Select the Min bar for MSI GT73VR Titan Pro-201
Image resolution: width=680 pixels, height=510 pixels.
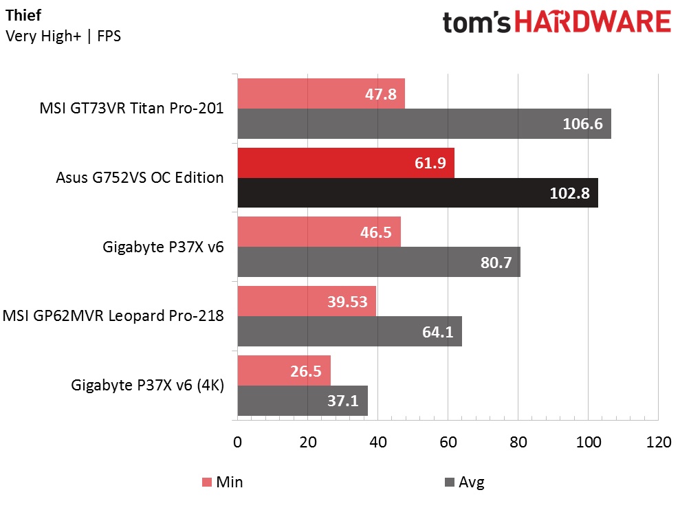click(x=321, y=93)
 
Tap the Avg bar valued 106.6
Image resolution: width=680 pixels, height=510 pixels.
click(x=424, y=123)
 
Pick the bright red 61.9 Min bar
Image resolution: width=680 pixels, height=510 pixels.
click(x=346, y=163)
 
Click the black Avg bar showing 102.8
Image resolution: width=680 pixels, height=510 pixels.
click(x=417, y=193)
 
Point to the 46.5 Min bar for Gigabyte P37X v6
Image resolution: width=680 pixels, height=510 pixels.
click(x=319, y=232)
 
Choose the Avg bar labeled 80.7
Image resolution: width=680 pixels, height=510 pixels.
click(x=379, y=262)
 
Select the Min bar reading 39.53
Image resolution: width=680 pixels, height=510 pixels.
click(x=307, y=301)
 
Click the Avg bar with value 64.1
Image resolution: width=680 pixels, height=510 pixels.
click(x=349, y=331)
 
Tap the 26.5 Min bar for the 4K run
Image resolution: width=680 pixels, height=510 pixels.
click(x=284, y=370)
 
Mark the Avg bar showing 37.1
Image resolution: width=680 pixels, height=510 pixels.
click(x=303, y=401)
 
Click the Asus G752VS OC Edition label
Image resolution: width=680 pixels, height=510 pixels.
click(x=140, y=178)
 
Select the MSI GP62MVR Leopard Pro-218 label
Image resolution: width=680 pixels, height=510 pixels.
click(x=113, y=316)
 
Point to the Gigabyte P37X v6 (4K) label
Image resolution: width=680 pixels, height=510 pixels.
click(x=147, y=386)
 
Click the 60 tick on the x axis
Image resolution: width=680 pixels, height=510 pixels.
click(x=448, y=442)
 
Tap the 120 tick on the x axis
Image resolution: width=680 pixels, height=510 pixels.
click(x=658, y=442)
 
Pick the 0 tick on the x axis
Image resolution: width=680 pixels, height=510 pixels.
click(x=238, y=442)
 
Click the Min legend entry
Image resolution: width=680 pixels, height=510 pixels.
click(x=221, y=483)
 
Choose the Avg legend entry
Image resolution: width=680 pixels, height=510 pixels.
click(x=465, y=483)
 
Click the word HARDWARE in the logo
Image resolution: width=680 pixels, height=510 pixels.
click(x=593, y=23)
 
